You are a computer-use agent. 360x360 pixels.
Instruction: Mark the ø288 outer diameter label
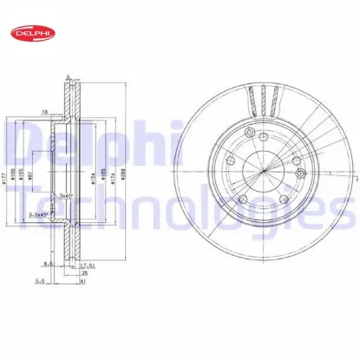[127, 178]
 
